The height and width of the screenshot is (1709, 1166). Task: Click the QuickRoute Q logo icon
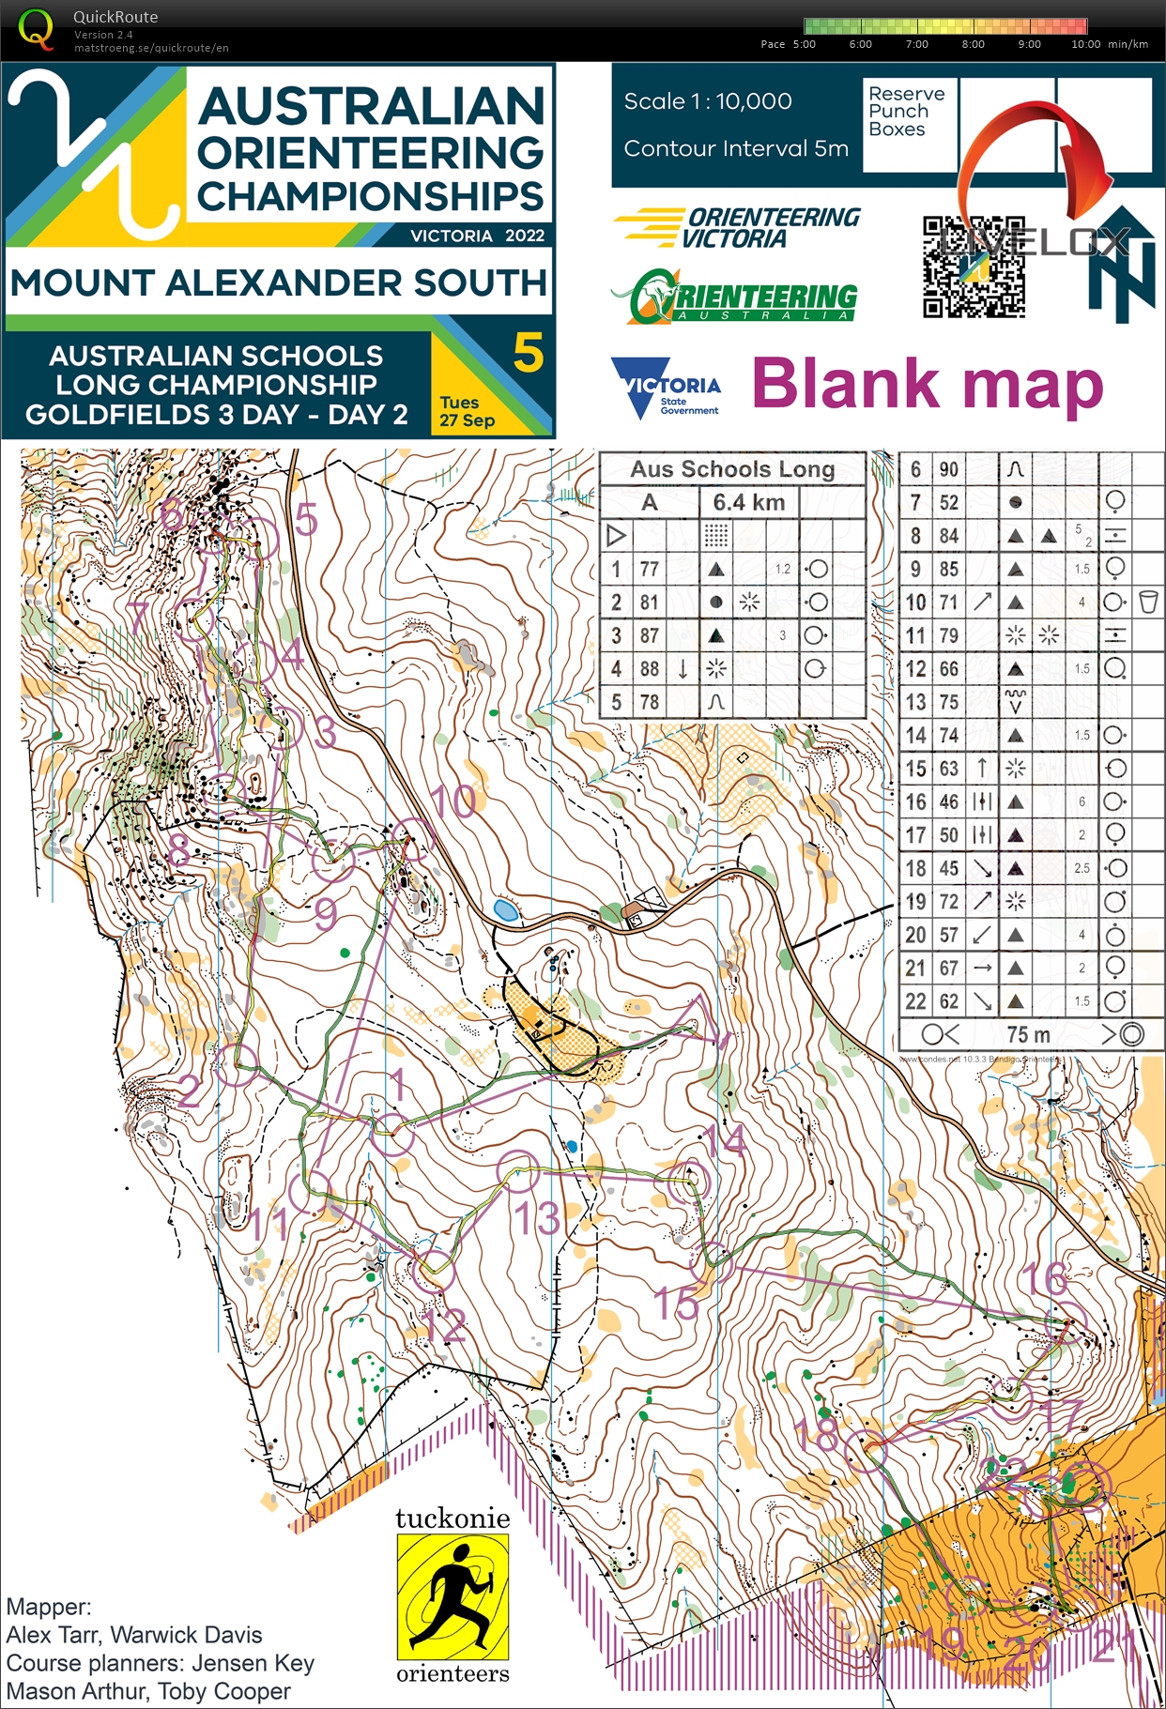pos(36,28)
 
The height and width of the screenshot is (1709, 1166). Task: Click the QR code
pos(973,267)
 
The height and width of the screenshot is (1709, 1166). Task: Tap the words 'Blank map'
pos(927,385)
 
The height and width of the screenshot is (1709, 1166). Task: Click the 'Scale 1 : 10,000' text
pos(708,101)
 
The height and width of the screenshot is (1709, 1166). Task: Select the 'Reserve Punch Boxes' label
pos(906,112)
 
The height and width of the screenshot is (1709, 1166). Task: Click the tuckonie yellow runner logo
pos(453,1596)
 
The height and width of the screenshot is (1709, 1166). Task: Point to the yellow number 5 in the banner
pos(529,353)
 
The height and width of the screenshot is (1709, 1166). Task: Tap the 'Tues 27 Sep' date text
pos(467,411)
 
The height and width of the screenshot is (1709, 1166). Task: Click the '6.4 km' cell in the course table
pos(748,502)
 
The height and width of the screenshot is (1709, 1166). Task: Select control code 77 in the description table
pos(649,569)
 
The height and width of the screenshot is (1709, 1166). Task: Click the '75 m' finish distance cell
pos(1028,1034)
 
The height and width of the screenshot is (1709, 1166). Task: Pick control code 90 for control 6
pos(949,469)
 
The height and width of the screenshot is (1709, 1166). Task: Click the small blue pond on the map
pos(505,909)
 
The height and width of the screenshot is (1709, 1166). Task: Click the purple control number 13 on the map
pos(536,1218)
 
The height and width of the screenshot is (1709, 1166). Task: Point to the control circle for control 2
pos(237,1064)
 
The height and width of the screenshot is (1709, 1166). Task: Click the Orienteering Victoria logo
pos(737,227)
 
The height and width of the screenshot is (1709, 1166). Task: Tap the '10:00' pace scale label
pos(1085,44)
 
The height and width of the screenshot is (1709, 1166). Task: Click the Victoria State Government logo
pos(666,386)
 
